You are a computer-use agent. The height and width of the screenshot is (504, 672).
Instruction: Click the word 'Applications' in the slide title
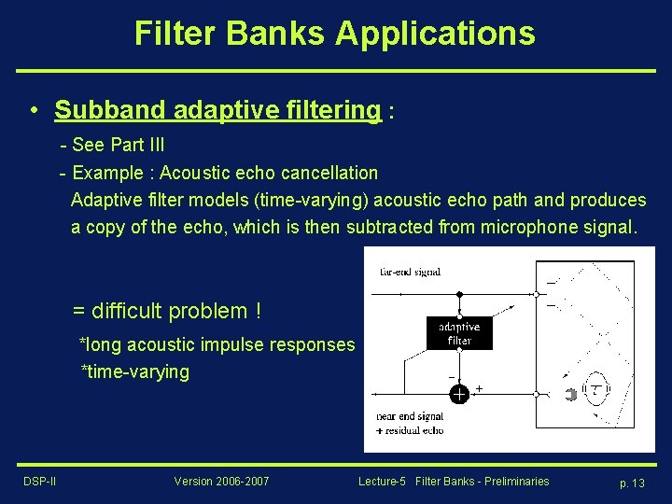tap(435, 33)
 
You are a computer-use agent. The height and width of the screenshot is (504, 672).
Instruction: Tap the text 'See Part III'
tap(118, 145)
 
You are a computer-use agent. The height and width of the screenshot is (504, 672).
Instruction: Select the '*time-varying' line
tap(134, 371)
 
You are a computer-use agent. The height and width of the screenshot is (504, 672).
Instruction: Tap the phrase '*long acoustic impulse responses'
tap(217, 344)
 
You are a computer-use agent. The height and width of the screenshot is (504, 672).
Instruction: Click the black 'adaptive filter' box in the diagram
tap(459, 333)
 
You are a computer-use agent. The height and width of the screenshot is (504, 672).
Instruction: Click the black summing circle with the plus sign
tap(459, 395)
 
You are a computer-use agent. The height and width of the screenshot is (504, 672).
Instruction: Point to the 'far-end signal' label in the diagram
tap(411, 272)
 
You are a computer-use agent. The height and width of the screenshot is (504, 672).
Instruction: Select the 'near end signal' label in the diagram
tap(409, 416)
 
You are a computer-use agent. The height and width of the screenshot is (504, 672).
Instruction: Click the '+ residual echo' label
tap(409, 429)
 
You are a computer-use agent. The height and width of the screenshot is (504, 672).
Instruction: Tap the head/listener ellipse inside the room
tap(595, 394)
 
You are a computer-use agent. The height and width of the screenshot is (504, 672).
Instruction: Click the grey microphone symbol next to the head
tap(571, 395)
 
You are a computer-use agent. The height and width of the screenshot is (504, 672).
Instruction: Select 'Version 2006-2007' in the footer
tap(221, 482)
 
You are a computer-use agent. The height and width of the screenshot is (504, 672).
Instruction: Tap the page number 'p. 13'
tap(632, 483)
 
